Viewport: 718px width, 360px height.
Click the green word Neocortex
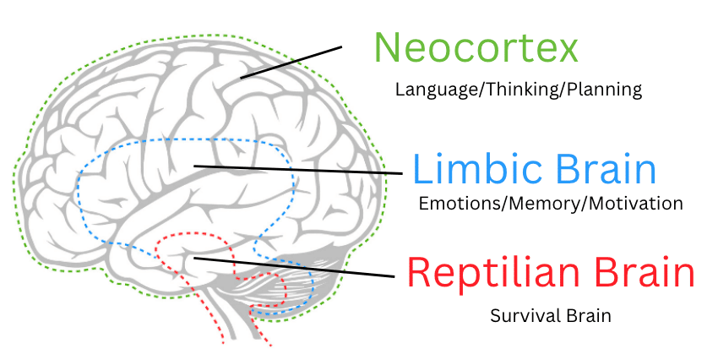coord(476,48)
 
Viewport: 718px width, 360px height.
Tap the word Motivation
coord(635,204)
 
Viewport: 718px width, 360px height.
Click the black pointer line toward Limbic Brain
coord(296,169)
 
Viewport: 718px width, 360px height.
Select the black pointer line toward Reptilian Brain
coord(296,267)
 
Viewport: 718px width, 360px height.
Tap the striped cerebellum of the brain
coord(304,283)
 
